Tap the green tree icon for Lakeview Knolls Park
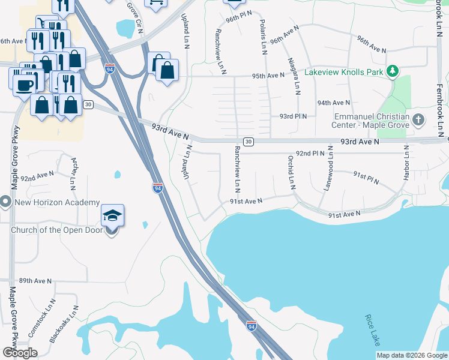click(393, 71)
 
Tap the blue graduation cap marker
click(112, 215)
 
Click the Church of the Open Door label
click(56, 230)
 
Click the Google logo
click(19, 353)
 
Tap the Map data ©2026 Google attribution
click(412, 355)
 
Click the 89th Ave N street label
click(35, 280)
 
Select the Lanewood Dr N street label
click(328, 168)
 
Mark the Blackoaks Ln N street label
click(64, 325)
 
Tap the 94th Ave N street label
click(334, 103)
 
